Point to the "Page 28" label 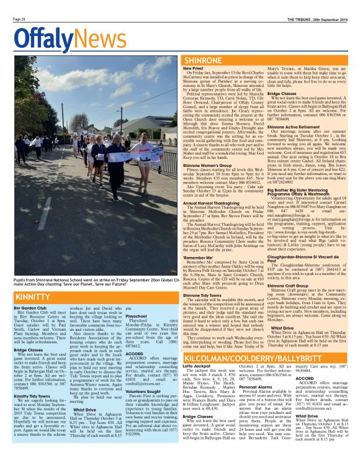click(19, 19)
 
